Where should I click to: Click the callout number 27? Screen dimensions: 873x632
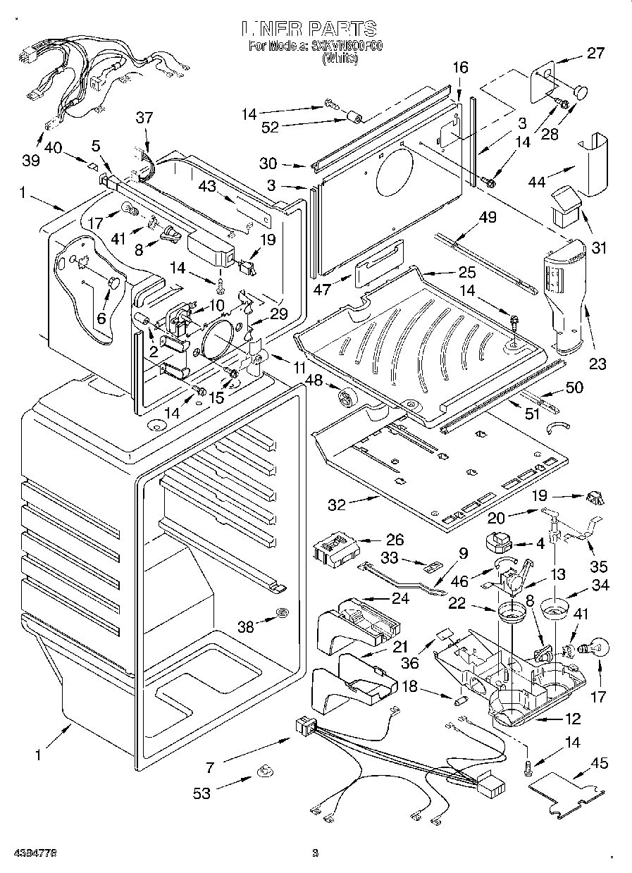click(x=596, y=52)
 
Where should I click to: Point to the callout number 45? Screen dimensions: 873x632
click(x=600, y=764)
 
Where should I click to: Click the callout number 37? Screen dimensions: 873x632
click(x=144, y=118)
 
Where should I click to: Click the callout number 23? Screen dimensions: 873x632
click(x=598, y=364)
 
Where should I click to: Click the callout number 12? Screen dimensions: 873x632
click(x=574, y=719)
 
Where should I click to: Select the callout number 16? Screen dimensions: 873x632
click(x=459, y=68)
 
